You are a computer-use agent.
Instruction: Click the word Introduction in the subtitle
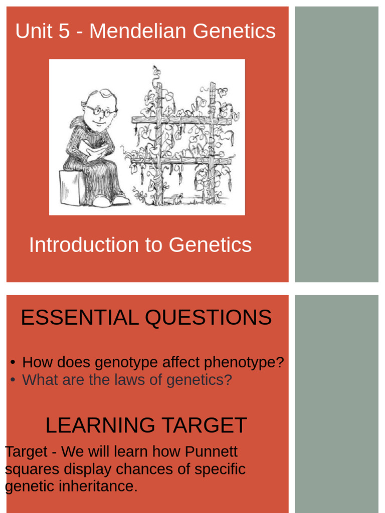coord(83,245)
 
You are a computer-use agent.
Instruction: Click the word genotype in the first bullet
coord(126,362)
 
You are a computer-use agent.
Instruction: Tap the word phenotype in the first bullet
coord(240,362)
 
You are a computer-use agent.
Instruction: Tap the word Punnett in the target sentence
coord(212,451)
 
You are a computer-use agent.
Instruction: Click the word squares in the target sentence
coord(30,469)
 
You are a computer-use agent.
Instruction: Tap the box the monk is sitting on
coord(71,187)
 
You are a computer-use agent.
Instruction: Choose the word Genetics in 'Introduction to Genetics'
coord(210,245)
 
